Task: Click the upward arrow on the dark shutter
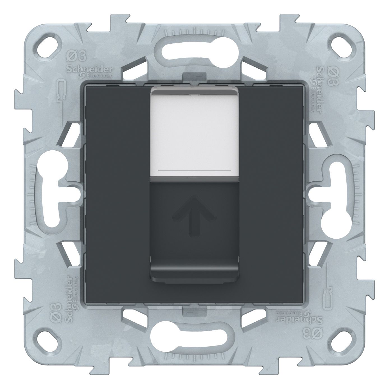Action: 194,216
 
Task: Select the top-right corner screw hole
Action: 341,48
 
